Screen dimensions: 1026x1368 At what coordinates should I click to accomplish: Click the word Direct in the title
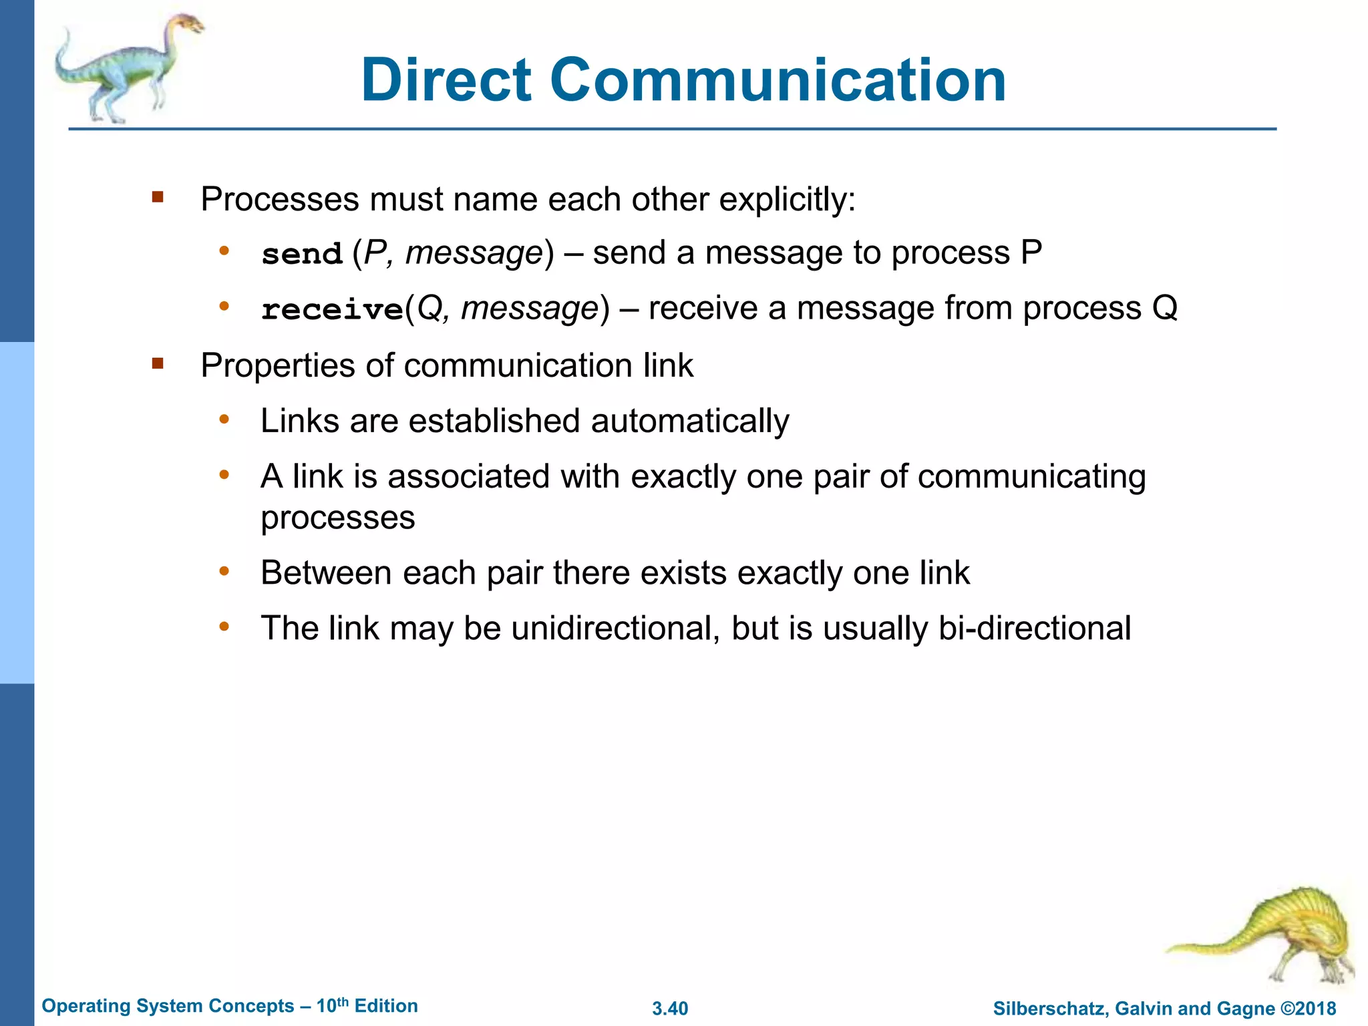[446, 80]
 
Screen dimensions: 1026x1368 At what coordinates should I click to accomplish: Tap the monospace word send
[302, 254]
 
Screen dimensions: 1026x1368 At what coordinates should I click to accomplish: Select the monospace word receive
[332, 310]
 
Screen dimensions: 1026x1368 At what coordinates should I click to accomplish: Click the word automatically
[690, 421]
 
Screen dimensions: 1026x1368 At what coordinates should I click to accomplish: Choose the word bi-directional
[1035, 629]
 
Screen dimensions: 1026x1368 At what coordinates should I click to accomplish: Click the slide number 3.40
[670, 1009]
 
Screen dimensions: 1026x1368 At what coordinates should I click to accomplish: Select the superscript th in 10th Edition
[343, 1001]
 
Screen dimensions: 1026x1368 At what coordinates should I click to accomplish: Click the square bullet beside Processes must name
[158, 197]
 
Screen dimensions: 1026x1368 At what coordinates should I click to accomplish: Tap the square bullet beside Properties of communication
[158, 363]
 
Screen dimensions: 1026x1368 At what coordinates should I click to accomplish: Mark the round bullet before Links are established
[224, 419]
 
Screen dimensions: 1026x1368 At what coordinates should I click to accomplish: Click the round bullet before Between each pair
[224, 571]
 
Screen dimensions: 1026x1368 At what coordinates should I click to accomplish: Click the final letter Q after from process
[1165, 309]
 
